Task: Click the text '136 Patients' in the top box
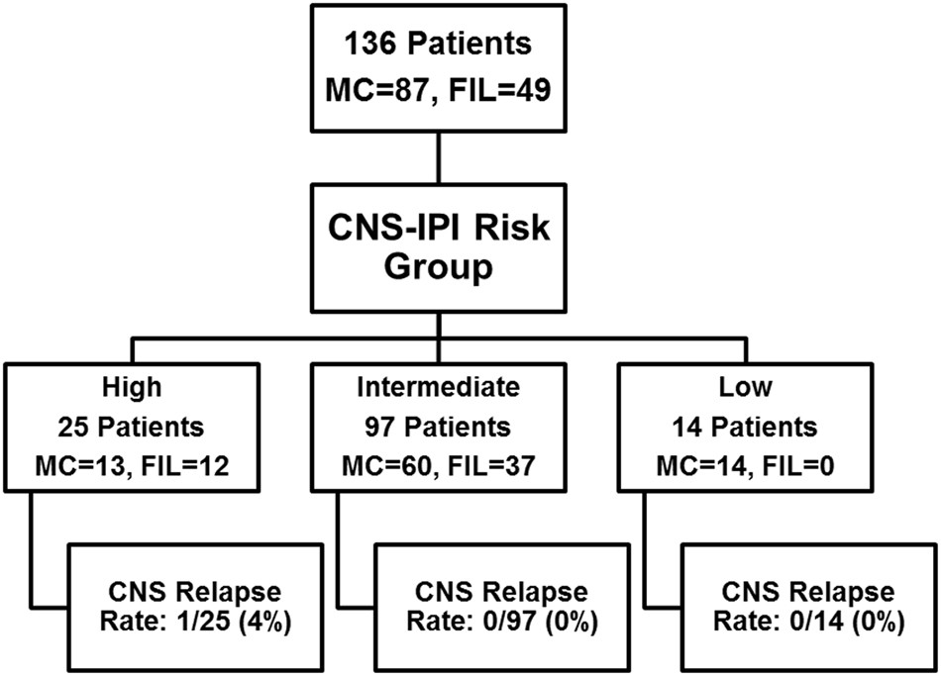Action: point(437,47)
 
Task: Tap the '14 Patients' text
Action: point(741,428)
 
